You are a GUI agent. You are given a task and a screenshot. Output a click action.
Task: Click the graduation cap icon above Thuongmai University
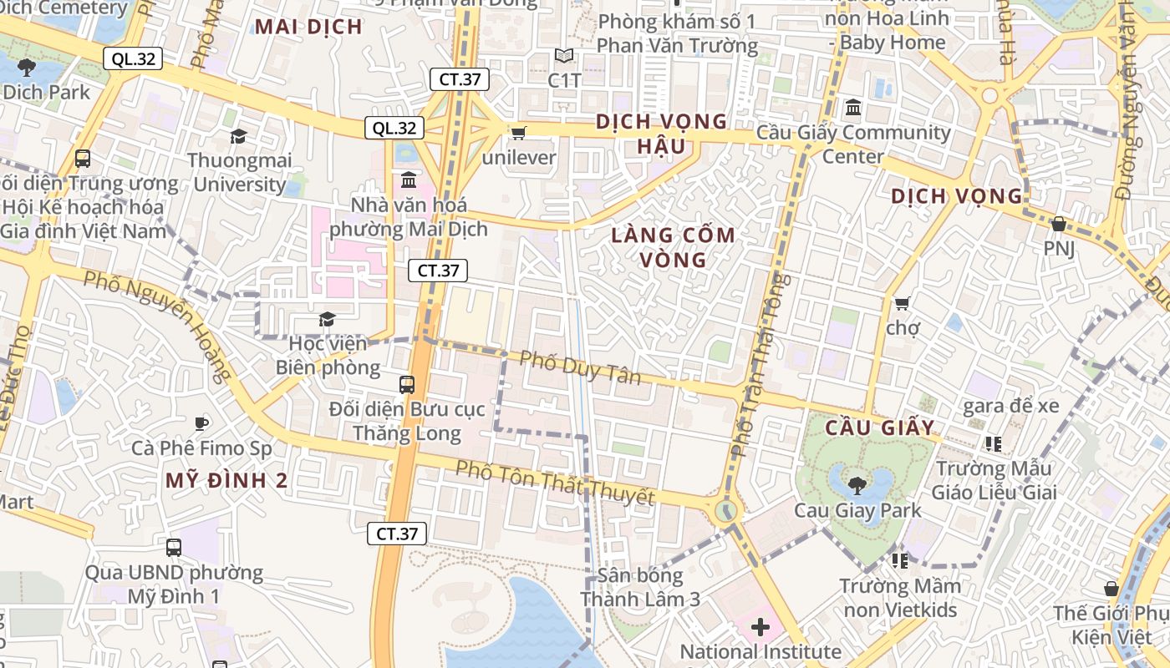point(238,136)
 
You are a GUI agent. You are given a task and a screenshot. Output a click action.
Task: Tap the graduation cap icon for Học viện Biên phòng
point(326,320)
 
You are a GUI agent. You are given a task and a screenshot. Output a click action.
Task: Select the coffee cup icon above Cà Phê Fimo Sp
point(201,424)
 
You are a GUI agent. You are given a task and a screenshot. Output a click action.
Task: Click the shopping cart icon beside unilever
point(518,133)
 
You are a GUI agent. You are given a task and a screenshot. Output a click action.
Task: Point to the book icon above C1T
point(564,57)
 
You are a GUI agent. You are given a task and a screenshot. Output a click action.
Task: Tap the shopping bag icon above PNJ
point(1058,224)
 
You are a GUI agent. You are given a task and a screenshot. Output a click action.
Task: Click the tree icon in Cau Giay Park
point(857,484)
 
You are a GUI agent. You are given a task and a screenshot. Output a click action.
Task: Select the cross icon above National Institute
point(760,626)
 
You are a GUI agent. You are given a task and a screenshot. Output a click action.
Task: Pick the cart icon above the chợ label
point(902,303)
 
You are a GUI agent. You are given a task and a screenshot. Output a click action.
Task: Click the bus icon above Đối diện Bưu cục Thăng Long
point(407,385)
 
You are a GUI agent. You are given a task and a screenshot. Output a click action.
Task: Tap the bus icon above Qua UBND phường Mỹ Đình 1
point(173,548)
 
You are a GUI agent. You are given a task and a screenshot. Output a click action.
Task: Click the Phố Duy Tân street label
point(580,367)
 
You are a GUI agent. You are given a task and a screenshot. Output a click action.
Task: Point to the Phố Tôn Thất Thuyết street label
point(554,483)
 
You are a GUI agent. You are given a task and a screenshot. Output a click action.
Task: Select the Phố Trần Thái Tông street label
point(756,364)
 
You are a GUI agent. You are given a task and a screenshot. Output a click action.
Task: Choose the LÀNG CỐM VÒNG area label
point(673,247)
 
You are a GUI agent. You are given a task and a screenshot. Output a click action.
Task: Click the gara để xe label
point(1010,407)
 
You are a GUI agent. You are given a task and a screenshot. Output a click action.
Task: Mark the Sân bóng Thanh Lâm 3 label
point(640,588)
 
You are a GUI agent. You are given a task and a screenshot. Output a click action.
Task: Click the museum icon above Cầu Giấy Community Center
point(853,108)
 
